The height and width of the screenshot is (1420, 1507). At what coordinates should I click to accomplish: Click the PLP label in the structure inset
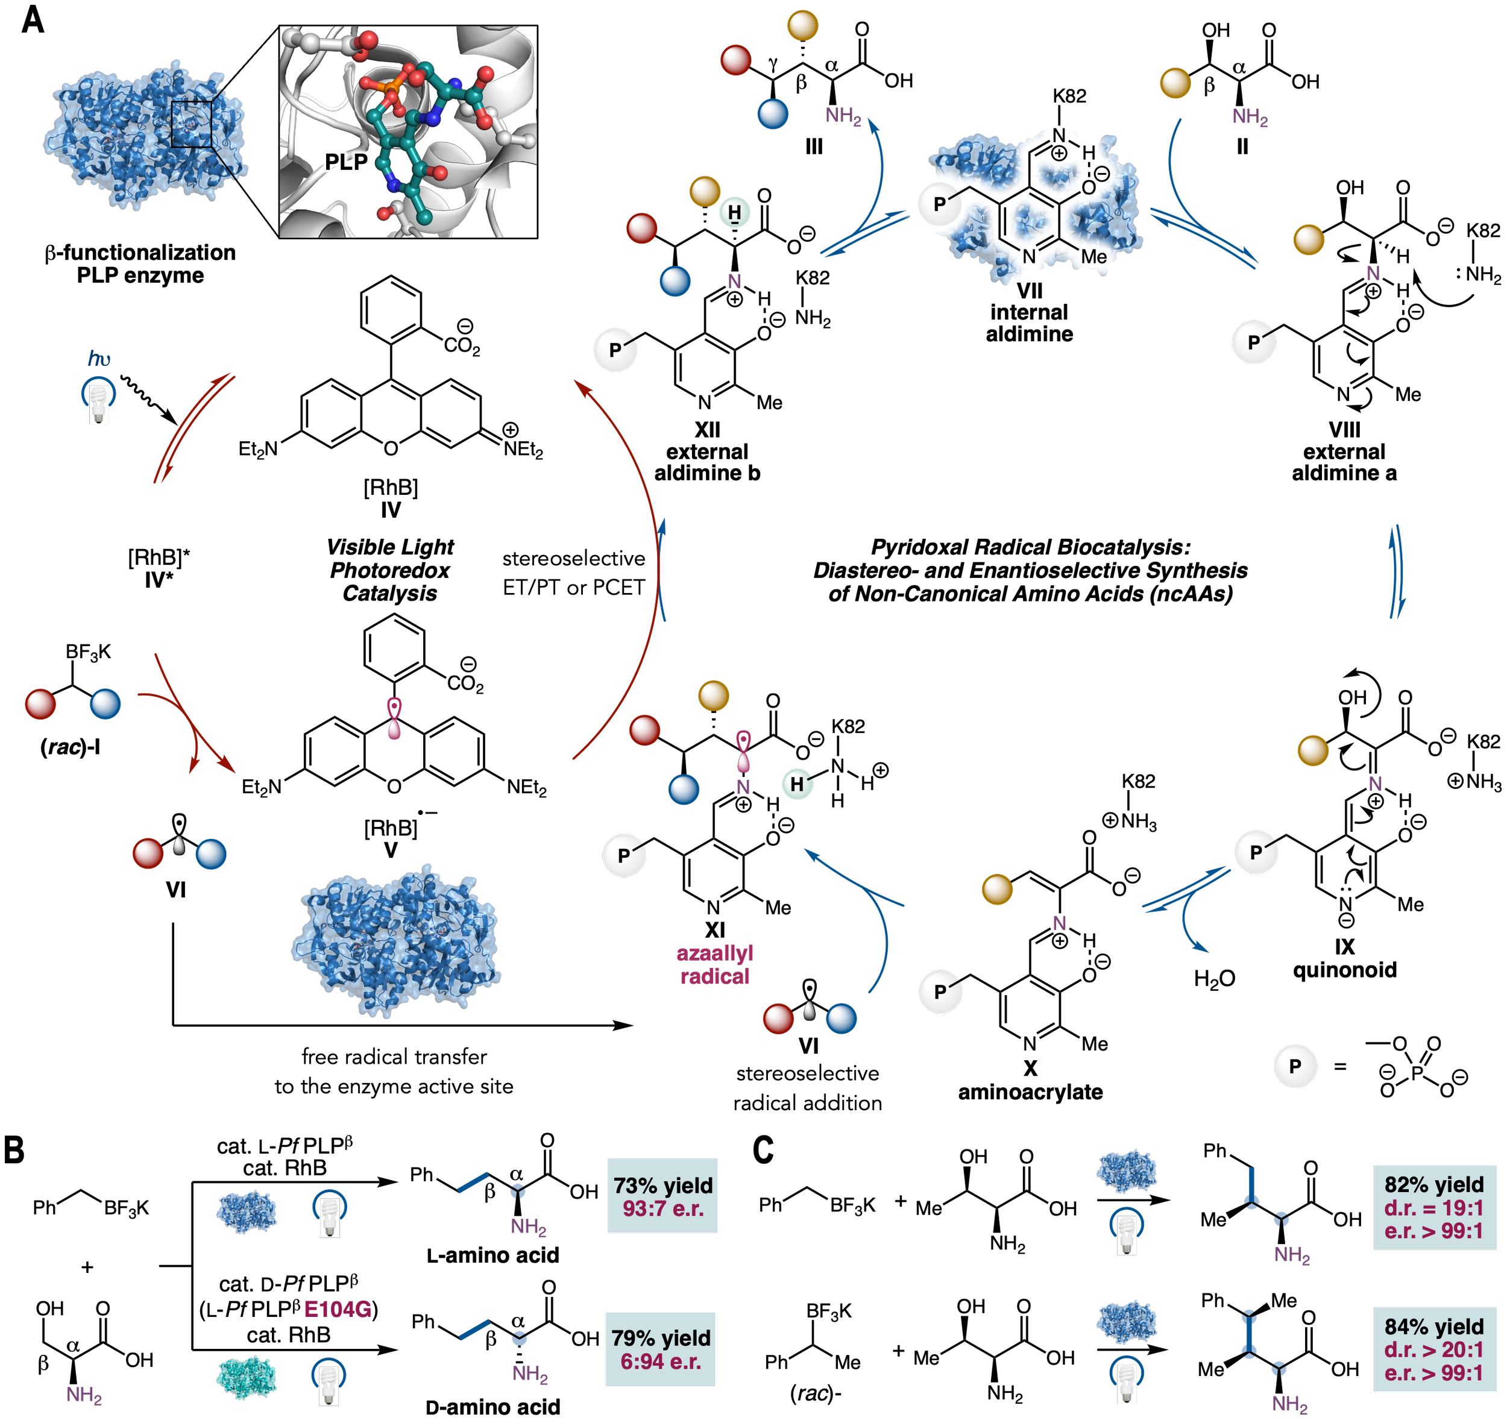click(345, 162)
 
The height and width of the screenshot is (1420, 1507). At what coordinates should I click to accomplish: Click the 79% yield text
click(661, 1337)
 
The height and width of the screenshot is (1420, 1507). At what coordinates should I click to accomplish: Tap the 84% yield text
click(1433, 1326)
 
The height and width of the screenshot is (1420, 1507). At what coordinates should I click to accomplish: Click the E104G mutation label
click(338, 1310)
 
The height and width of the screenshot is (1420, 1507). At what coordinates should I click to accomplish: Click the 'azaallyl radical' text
click(714, 964)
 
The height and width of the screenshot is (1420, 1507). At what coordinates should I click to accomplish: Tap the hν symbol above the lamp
click(99, 359)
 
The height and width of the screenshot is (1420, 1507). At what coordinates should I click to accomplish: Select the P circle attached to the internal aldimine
click(939, 204)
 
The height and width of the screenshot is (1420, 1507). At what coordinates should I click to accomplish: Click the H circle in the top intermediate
click(734, 212)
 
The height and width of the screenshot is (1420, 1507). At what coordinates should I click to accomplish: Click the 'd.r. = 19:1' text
click(1433, 1208)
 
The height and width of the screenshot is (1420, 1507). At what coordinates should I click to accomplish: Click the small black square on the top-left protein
click(191, 124)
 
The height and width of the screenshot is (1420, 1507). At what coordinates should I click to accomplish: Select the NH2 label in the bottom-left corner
click(84, 1395)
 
